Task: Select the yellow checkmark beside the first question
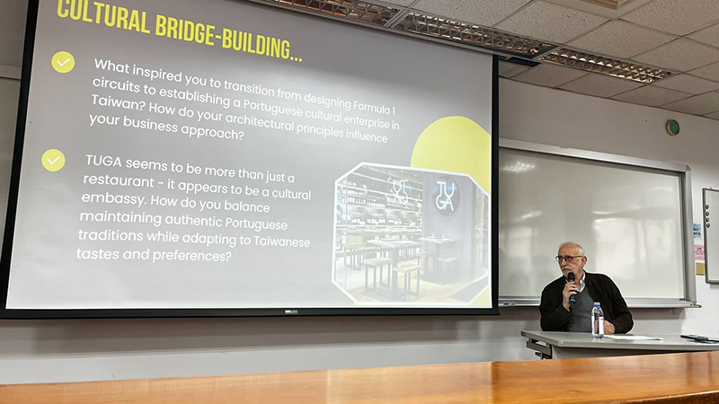click(63, 62)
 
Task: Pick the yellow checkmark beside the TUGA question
click(53, 161)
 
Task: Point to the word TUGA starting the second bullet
click(103, 162)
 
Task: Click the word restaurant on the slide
click(119, 180)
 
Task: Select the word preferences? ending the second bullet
click(192, 256)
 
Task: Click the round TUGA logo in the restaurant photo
click(445, 197)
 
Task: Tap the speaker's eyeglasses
click(568, 259)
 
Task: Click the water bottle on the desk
click(597, 321)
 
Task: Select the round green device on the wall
click(672, 127)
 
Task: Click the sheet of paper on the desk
click(634, 338)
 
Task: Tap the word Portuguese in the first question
click(273, 109)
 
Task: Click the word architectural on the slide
click(259, 123)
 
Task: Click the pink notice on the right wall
click(699, 253)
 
